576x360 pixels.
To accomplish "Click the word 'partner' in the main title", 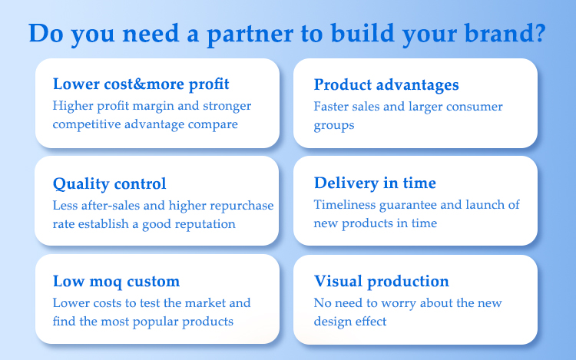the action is click(x=250, y=35).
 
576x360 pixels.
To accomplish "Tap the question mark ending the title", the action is click(x=539, y=32).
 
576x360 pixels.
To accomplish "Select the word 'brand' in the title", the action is click(x=498, y=33).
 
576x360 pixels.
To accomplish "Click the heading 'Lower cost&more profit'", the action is click(x=141, y=84).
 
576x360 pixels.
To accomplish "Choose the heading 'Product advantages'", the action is click(x=386, y=85).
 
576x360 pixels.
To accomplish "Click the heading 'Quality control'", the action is click(x=110, y=184).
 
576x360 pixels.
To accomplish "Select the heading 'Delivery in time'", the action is click(x=375, y=183).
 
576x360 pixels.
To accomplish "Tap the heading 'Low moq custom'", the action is click(x=116, y=282).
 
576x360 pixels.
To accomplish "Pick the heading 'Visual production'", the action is click(x=381, y=282).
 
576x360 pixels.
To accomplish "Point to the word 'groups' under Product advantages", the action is click(x=334, y=126).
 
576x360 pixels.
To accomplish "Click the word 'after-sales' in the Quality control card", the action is click(x=110, y=205).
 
